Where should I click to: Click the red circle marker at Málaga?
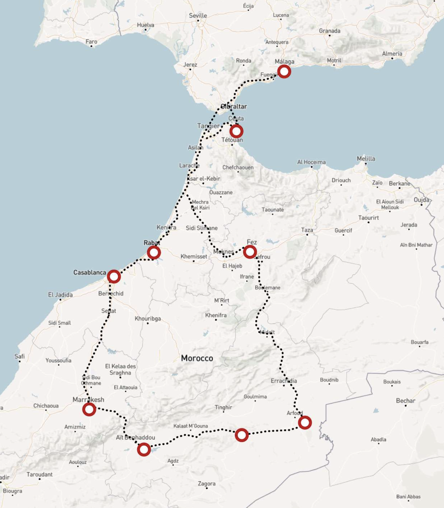284,72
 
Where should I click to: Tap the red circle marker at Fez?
250,252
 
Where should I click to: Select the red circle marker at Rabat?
154,253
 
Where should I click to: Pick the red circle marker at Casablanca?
114,277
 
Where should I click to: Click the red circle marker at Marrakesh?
89,409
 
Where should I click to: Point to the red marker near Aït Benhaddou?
144,449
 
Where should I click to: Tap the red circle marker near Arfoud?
305,422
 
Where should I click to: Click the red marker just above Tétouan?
236,131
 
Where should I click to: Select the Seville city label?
198,16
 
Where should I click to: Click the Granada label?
329,31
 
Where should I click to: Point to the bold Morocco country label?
197,358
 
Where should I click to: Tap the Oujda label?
421,200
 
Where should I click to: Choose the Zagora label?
206,484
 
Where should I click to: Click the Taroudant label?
39,474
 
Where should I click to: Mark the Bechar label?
406,401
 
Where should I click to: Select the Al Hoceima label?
311,162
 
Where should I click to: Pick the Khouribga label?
148,318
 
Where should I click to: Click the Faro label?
91,41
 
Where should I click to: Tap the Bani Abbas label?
408,497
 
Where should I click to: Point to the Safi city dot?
20,361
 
